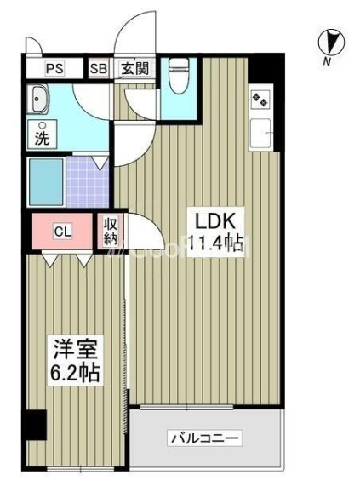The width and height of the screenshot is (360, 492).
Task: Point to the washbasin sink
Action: pyautogui.click(x=40, y=100)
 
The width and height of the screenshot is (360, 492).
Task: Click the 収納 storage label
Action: pyautogui.click(x=111, y=231)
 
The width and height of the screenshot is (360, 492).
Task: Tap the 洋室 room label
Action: pyautogui.click(x=72, y=352)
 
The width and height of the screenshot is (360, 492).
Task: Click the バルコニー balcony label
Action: pyautogui.click(x=204, y=440)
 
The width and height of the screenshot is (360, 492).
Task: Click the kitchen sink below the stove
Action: pyautogui.click(x=261, y=134)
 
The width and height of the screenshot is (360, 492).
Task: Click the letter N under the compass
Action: pyautogui.click(x=328, y=61)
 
